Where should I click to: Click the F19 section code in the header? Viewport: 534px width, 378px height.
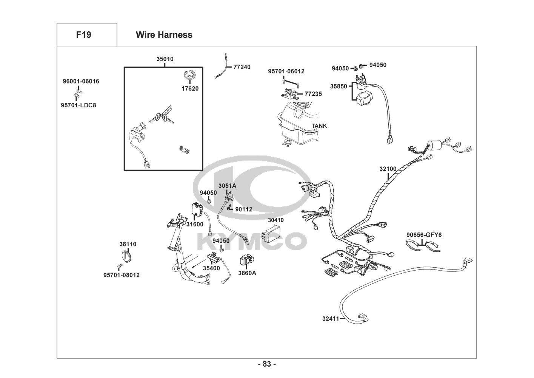pos(83,35)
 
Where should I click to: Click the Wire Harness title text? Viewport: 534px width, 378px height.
pos(164,35)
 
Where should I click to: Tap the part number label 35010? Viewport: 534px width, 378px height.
pos(165,59)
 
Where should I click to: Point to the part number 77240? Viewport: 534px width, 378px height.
pos(242,67)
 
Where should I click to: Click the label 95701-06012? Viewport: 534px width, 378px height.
pos(286,71)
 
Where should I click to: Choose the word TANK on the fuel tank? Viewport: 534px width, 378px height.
pos(319,126)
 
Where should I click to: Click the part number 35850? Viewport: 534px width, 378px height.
pos(339,87)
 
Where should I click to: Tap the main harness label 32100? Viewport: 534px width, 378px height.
pos(388,169)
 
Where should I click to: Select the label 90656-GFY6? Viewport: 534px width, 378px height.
pos(424,235)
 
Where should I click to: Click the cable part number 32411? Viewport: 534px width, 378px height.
pos(331,319)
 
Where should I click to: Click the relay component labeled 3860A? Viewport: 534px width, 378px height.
pos(247,260)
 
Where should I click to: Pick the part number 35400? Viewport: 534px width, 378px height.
pos(211,268)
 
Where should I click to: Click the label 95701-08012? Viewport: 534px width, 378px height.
pos(122,275)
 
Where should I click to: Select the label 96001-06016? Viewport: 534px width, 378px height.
pos(81,81)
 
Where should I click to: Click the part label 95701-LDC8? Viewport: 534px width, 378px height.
pos(78,105)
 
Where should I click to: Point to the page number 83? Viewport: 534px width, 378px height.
pos(267,364)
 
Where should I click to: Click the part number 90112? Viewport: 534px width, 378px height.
pos(244,209)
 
